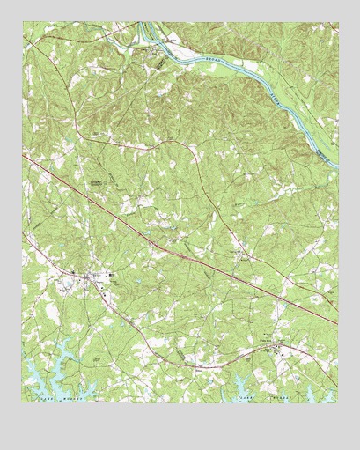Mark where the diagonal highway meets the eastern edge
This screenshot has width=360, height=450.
337,322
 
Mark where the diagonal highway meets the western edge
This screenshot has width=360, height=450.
23,157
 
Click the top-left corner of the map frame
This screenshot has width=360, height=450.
23,23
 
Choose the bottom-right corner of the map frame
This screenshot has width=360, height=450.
337,403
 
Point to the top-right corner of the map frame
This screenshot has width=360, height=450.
337,23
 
